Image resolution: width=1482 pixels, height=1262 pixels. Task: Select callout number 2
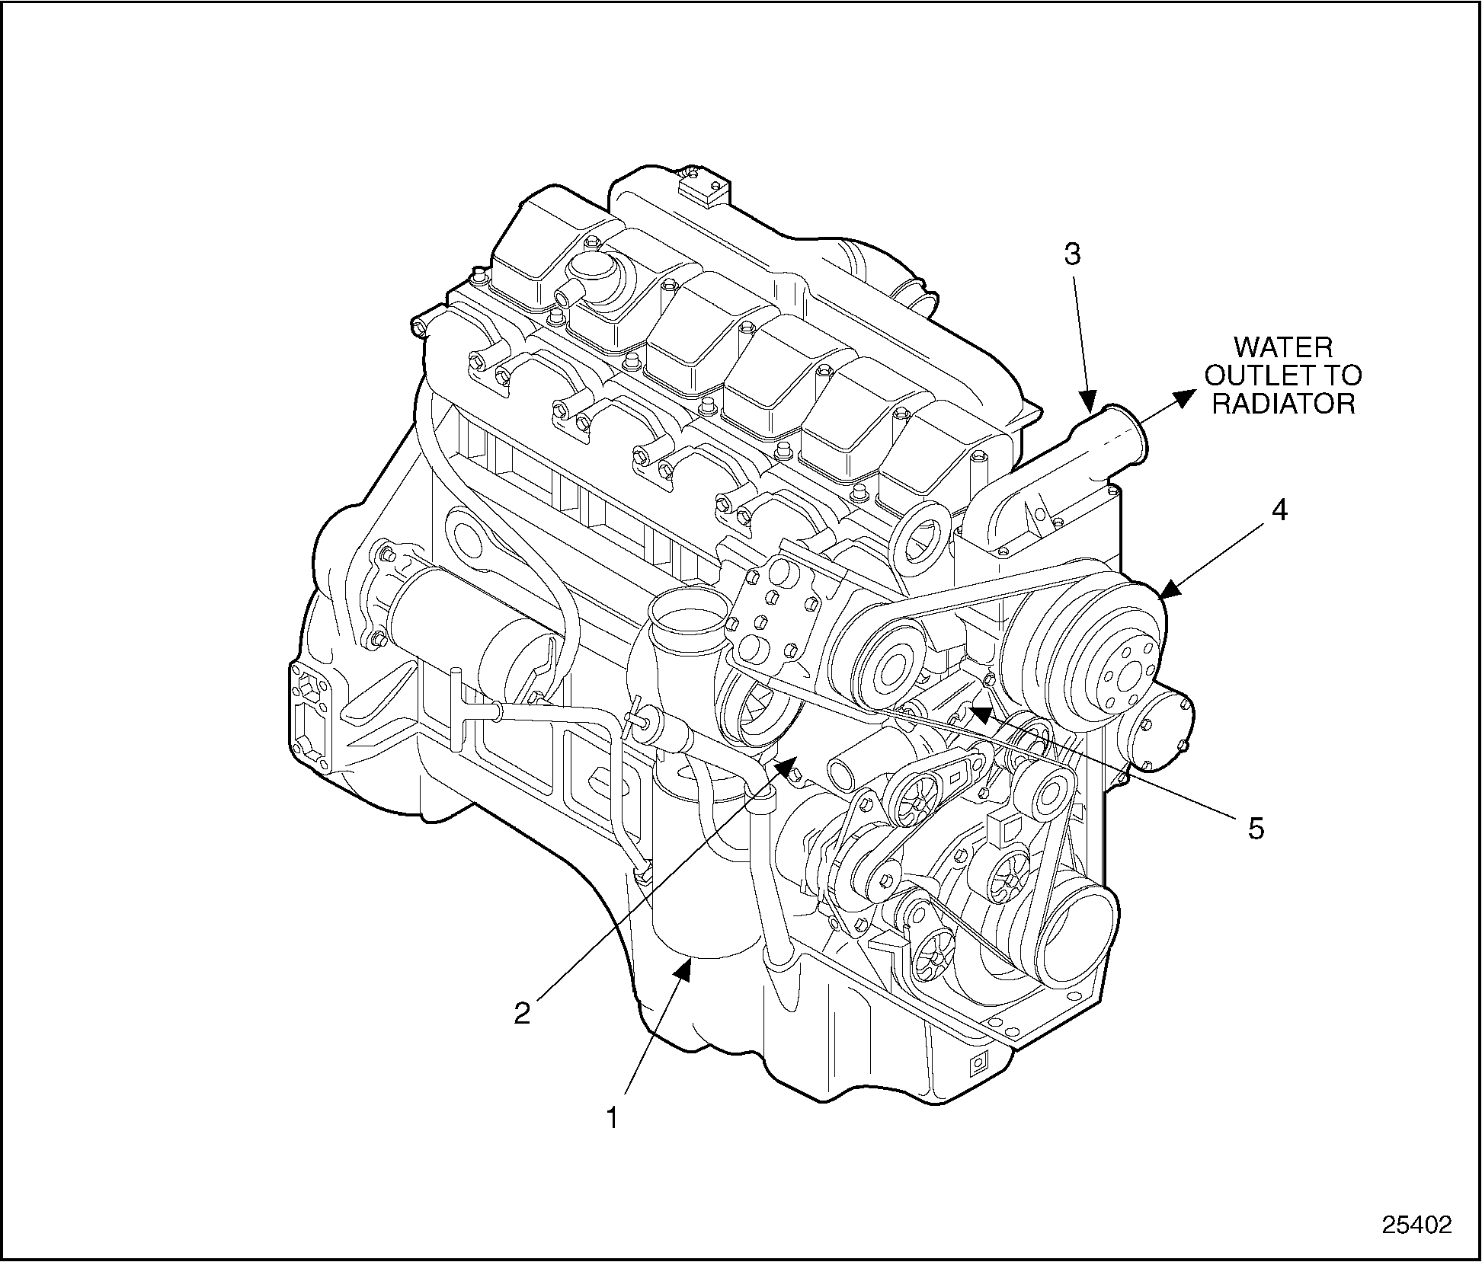click(521, 1013)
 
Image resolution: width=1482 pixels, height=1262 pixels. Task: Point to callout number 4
click(1280, 511)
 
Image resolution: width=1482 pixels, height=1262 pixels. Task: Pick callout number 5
click(1255, 828)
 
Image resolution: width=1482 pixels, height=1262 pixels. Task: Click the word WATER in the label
click(1283, 348)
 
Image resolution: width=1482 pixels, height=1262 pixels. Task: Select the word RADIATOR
click(1283, 403)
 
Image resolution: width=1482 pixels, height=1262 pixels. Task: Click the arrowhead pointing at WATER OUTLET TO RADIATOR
click(1183, 398)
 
